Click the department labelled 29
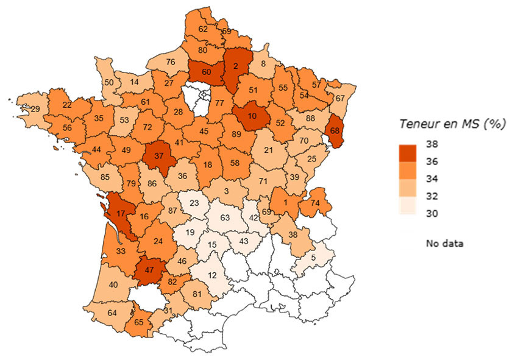coord(35,108)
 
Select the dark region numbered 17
coord(119,214)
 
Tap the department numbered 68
coord(335,130)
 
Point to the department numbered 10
coord(251,116)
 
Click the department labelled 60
coord(206,72)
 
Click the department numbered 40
coord(113,284)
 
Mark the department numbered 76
coord(171,62)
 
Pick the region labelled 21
coord(269,150)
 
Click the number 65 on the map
coord(139,323)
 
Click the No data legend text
coord(445,244)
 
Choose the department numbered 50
coord(110,83)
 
